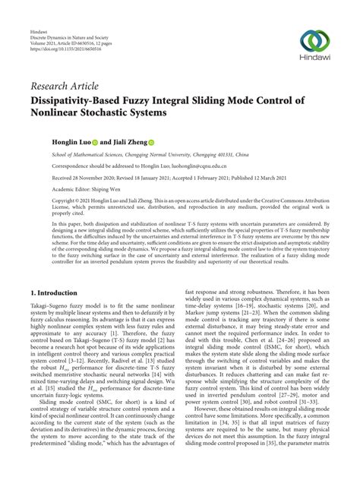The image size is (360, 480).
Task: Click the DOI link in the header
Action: coord(66,35)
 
